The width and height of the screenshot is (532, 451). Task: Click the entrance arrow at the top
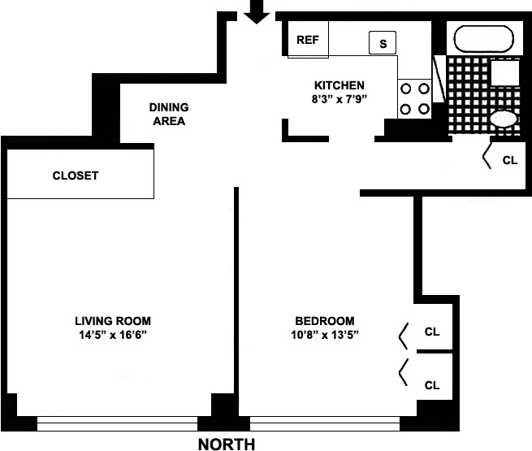tap(257, 11)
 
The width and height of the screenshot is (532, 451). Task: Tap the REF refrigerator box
tap(309, 40)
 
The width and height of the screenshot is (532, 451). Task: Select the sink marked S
tap(383, 42)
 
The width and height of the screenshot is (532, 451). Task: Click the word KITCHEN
tap(340, 85)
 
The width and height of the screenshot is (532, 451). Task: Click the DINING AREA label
tap(169, 115)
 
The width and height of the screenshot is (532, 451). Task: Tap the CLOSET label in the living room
tap(76, 176)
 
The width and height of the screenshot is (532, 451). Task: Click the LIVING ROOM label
tap(113, 320)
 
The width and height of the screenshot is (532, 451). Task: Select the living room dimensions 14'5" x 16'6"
tap(113, 335)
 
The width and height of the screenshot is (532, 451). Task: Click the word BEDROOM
tap(324, 320)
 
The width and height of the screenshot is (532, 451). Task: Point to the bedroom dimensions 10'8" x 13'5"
tap(325, 335)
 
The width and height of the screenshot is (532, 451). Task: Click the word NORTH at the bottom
tap(227, 444)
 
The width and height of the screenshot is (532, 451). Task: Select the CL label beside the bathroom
tap(509, 160)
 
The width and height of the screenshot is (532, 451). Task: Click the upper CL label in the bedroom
tap(432, 332)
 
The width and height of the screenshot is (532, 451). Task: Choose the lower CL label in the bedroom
tap(432, 385)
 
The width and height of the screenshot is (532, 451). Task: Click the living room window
tap(119, 423)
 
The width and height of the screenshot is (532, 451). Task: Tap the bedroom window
tap(325, 423)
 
